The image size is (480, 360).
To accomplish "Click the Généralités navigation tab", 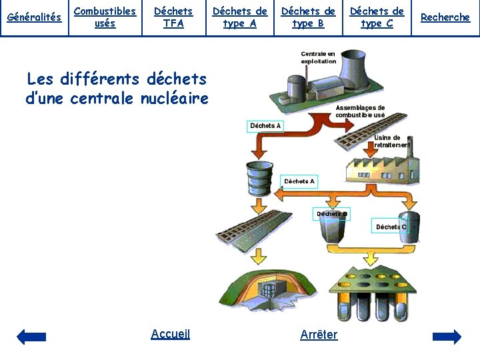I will (x=34, y=17).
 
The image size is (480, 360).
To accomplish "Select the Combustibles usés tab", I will (x=105, y=17).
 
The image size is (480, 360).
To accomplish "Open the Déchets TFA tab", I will (x=173, y=17).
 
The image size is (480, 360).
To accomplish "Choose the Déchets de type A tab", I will (x=240, y=17).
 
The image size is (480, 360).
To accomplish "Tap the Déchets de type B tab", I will (x=308, y=17).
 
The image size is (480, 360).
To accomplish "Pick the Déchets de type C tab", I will (x=377, y=17).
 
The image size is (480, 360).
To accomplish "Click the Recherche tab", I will (x=445, y=17).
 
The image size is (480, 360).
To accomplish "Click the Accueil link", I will (x=171, y=334).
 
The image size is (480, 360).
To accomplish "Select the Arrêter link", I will (x=319, y=335).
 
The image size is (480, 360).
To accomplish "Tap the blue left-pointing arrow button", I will (x=31, y=337).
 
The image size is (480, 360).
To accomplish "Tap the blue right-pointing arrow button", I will (x=447, y=337).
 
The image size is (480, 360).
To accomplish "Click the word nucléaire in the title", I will (x=175, y=99).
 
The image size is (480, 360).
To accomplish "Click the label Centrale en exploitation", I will (x=318, y=57).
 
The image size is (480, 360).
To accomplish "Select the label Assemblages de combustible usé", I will (x=360, y=111).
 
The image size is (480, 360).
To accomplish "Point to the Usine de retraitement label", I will (x=392, y=141).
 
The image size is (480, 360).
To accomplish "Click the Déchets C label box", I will (x=391, y=227).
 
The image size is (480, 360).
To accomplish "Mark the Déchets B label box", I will (x=331, y=214).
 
